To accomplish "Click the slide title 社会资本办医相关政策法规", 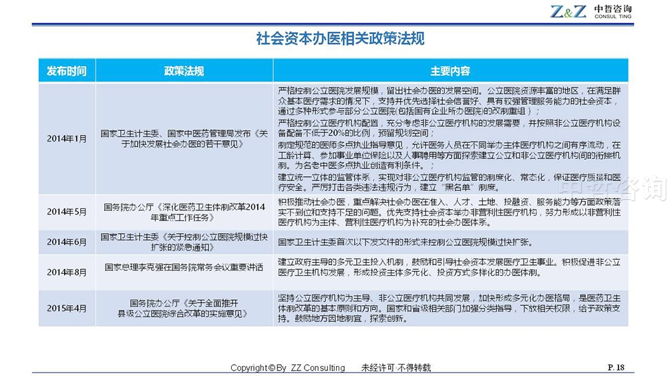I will pos(340,39).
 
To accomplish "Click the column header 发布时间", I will pos(66,71).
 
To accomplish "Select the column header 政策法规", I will pos(184,71).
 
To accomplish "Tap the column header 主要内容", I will pos(450,71).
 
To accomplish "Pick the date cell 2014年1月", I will pos(66,139).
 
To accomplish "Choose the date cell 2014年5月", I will pos(66,212).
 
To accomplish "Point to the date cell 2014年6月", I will pos(66,242).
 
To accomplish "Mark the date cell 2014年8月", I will pos(66,272).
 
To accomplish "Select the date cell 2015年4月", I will pos(66,308).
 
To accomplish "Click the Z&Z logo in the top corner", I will pos(568,11).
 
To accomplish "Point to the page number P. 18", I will pos(616,367).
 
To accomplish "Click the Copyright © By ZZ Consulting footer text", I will pos(287,367).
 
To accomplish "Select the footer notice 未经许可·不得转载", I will pos(395,367).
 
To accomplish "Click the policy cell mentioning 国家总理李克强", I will pos(184,267).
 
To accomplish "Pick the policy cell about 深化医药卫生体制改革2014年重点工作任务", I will pos(184,212).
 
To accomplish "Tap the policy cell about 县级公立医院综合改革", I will pos(184,308).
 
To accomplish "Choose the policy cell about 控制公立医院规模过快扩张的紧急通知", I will pos(184,242).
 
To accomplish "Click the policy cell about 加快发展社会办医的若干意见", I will pos(184,139).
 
